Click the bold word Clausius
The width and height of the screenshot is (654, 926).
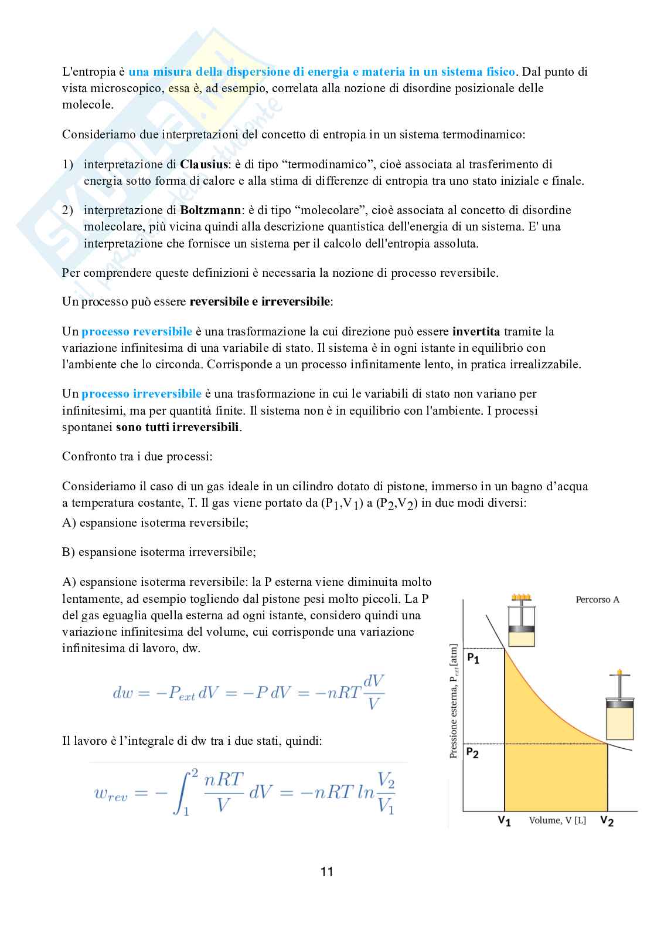(x=203, y=164)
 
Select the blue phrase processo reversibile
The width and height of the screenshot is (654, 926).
(x=137, y=331)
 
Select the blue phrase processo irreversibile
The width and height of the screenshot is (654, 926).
(x=141, y=394)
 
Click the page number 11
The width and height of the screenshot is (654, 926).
(x=326, y=871)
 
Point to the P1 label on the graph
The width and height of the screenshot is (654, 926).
(x=473, y=659)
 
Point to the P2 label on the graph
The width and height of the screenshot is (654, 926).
(x=473, y=752)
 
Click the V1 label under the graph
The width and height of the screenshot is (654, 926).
(x=504, y=820)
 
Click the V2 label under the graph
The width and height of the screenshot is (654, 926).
(x=607, y=820)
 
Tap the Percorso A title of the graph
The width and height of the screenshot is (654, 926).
(x=597, y=599)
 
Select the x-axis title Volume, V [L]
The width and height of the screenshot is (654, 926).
(x=557, y=820)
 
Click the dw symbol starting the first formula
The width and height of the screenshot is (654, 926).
(x=123, y=693)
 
